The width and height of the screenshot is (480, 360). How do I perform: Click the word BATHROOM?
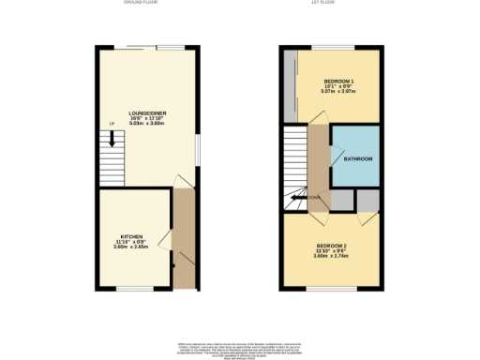tap(357, 159)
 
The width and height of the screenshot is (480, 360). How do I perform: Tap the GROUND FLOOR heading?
tap(142, 3)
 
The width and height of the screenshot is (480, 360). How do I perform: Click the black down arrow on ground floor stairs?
tap(112, 140)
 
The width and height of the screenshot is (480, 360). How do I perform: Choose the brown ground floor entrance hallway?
tap(182, 234)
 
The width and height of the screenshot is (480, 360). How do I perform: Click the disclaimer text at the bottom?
tap(239, 349)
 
